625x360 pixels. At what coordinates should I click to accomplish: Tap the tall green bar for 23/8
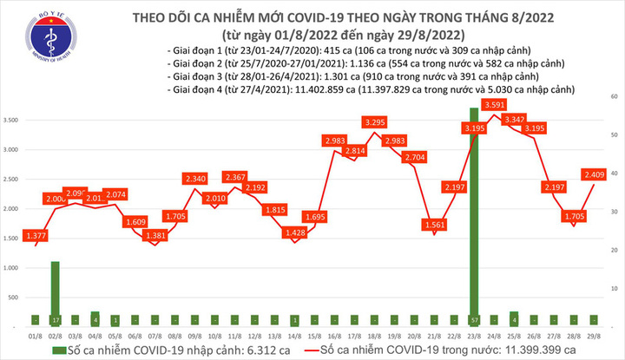click(473, 217)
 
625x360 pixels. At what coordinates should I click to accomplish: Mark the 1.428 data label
click(296, 232)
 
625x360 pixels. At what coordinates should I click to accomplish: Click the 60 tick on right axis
click(614, 95)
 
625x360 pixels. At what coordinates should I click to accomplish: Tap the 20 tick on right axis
click(614, 251)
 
